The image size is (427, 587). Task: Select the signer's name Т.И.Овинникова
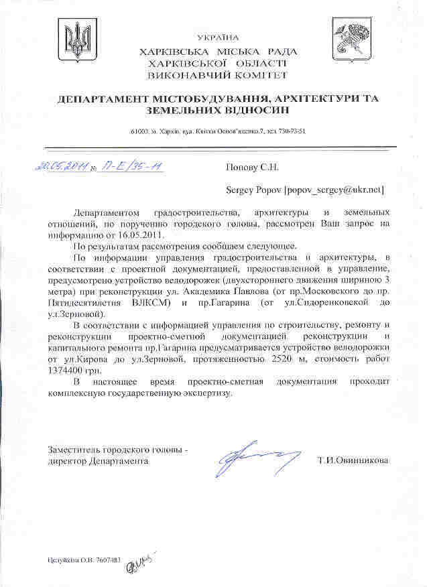click(353, 460)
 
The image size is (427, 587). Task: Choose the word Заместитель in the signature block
click(74, 449)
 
